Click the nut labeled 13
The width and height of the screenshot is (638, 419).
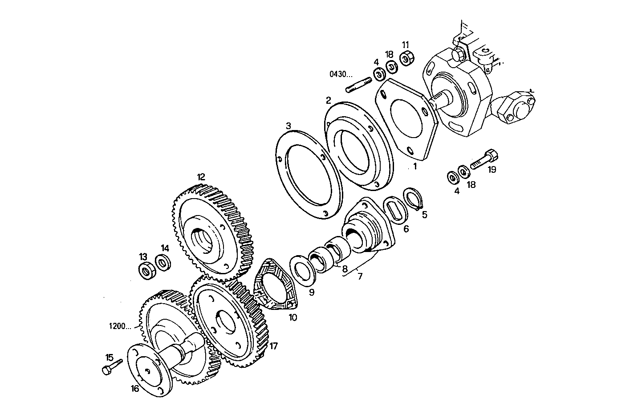tap(147, 270)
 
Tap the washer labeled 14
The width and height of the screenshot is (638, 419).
tap(163, 262)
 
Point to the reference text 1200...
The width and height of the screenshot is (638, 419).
tap(119, 326)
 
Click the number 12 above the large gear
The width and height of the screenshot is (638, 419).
tap(201, 177)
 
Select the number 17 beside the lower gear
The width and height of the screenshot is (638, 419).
tap(273, 346)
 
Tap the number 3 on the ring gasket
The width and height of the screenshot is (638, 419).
tap(289, 126)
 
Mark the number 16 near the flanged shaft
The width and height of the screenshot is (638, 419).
tap(135, 388)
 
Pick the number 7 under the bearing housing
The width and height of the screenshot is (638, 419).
tap(359, 276)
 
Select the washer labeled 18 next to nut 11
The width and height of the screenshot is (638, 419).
tap(391, 68)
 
